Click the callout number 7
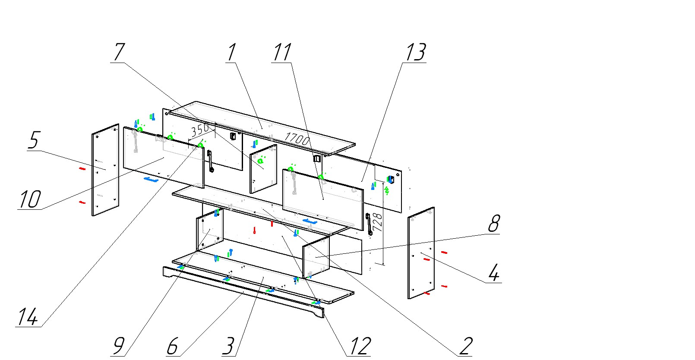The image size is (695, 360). click(118, 52)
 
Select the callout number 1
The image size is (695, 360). click(231, 52)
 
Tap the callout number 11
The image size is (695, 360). click(281, 52)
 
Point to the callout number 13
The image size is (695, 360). click(415, 52)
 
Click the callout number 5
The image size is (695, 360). click(34, 140)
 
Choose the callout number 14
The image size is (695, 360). click(28, 317)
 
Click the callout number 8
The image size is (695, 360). click(493, 224)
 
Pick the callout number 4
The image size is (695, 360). click(494, 272)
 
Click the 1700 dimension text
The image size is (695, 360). click(297, 139)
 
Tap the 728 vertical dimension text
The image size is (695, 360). click(377, 222)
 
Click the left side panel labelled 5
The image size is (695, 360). click(105, 170)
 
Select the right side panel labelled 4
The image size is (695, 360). click(421, 253)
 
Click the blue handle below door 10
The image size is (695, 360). click(151, 179)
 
